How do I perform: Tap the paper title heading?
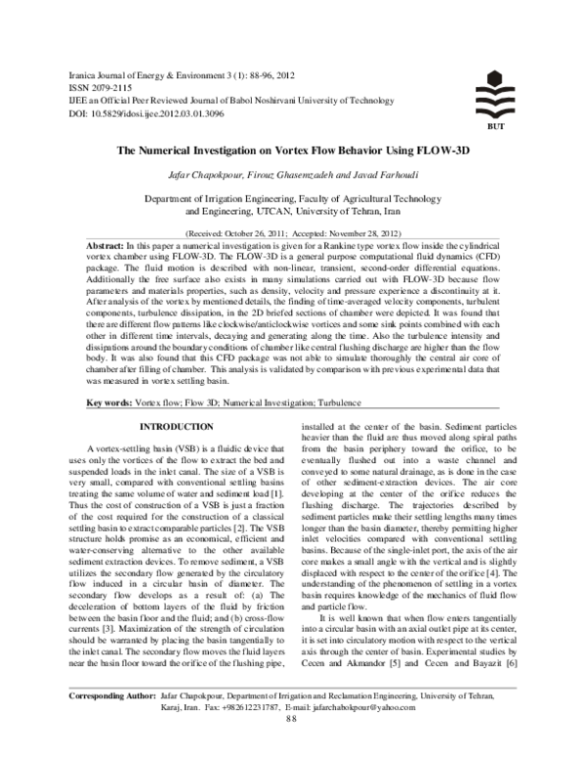(x=293, y=152)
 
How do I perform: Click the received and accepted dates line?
(x=292, y=234)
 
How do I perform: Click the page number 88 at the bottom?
(x=292, y=746)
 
